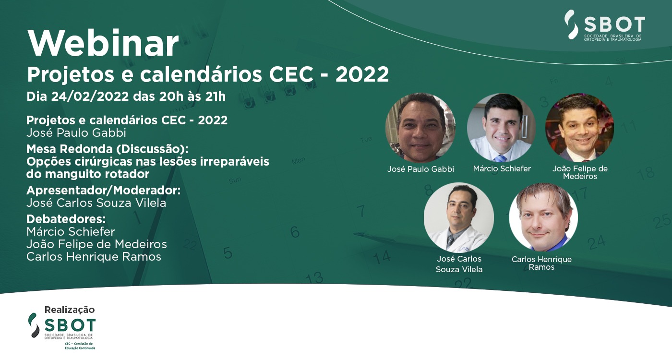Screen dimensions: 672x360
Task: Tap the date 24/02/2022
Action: point(90,96)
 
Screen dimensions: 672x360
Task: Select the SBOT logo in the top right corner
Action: point(605,25)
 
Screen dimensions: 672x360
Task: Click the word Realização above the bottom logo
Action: point(70,310)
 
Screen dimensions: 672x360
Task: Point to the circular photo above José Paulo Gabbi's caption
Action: point(420,128)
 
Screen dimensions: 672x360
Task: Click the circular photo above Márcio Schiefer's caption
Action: point(501,128)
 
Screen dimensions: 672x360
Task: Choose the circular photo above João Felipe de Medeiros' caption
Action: point(580,128)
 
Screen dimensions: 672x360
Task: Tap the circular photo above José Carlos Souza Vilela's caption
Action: point(459,217)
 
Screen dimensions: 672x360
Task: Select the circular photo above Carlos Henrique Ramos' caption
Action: point(543,217)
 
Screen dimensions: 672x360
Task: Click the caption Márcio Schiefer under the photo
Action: point(502,168)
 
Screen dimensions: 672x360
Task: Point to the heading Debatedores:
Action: point(66,219)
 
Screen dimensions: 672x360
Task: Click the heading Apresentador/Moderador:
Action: point(104,191)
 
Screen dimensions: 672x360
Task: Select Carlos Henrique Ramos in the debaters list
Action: point(94,256)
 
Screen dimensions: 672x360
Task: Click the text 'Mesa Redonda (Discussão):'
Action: point(107,149)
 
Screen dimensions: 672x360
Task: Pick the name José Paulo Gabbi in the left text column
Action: point(76,132)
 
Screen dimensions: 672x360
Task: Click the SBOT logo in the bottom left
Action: point(62,331)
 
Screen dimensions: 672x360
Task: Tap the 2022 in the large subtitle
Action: point(362,74)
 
